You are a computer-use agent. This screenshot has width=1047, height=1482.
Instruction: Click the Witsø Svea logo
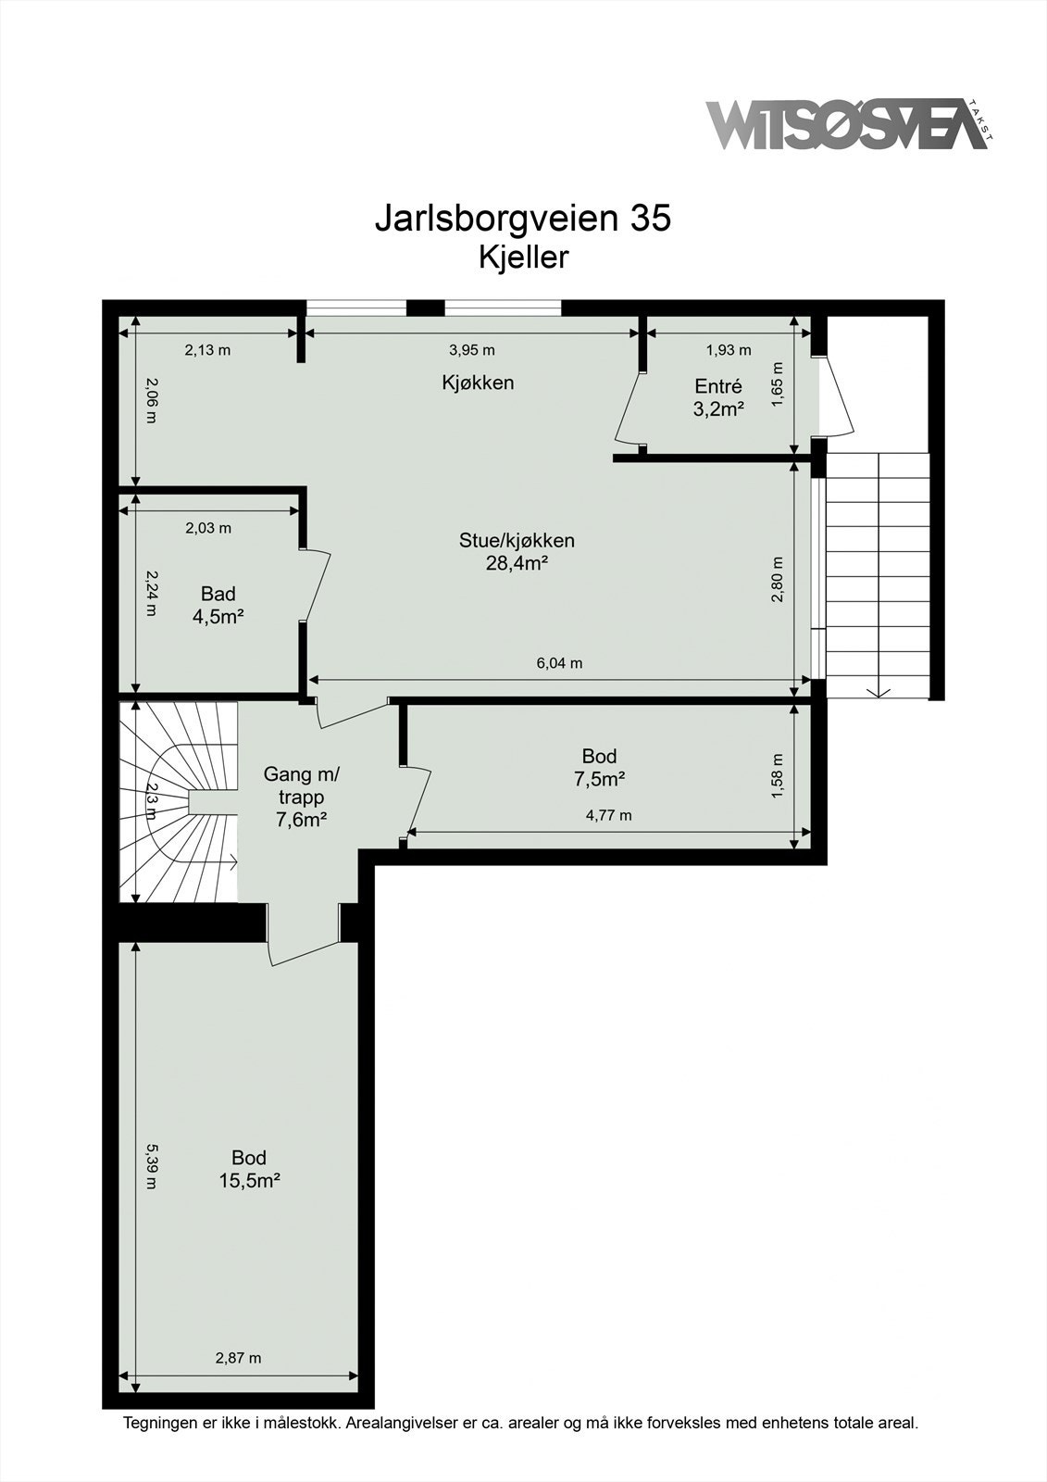click(x=847, y=124)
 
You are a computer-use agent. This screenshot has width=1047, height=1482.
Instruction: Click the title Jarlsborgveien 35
click(x=522, y=219)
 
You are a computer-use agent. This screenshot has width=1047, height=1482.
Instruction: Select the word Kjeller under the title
click(x=523, y=257)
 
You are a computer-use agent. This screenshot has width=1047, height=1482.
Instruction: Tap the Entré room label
click(x=718, y=397)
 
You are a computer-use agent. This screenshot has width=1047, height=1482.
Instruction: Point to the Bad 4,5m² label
click(x=218, y=605)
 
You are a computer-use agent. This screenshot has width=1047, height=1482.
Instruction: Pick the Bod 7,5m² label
click(x=599, y=768)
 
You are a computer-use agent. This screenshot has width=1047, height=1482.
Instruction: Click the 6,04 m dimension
click(x=559, y=663)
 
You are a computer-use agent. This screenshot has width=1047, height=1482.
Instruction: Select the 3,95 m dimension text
click(x=471, y=350)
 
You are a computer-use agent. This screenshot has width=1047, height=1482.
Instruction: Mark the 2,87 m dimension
click(x=238, y=1358)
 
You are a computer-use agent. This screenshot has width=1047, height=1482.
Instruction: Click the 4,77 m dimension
click(x=608, y=816)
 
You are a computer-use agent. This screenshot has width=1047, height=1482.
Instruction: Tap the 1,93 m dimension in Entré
click(x=729, y=350)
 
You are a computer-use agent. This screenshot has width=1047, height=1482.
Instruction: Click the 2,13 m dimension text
click(x=207, y=350)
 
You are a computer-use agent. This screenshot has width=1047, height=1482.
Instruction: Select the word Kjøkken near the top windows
click(x=477, y=383)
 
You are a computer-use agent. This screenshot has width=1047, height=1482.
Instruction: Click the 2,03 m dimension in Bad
click(x=208, y=529)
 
